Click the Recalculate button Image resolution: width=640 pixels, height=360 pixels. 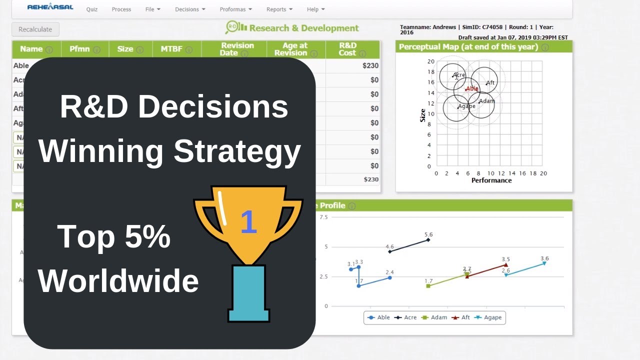[35, 29]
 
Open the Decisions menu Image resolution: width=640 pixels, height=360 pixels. [190, 9]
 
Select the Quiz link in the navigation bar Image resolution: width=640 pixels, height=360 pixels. [91, 9]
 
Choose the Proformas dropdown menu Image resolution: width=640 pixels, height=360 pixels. [235, 9]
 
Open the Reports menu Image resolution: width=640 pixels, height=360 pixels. [279, 9]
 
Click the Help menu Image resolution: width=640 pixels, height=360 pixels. [315, 9]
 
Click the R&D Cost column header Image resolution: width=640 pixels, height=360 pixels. [347, 49]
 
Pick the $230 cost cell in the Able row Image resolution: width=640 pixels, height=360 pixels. [370, 65]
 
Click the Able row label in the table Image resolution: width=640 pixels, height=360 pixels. [21, 65]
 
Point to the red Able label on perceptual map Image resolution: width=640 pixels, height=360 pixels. [472, 89]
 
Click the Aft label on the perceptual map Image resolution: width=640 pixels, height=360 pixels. [490, 82]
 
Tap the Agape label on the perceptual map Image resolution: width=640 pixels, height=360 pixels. [467, 106]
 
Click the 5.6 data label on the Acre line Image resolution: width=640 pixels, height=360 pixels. [428, 234]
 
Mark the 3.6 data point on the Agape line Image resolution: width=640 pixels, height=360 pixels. [544, 263]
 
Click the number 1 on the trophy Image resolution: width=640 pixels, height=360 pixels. [248, 222]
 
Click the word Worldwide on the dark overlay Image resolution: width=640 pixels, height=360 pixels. [118, 281]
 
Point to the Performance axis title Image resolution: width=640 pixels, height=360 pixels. [491, 180]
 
